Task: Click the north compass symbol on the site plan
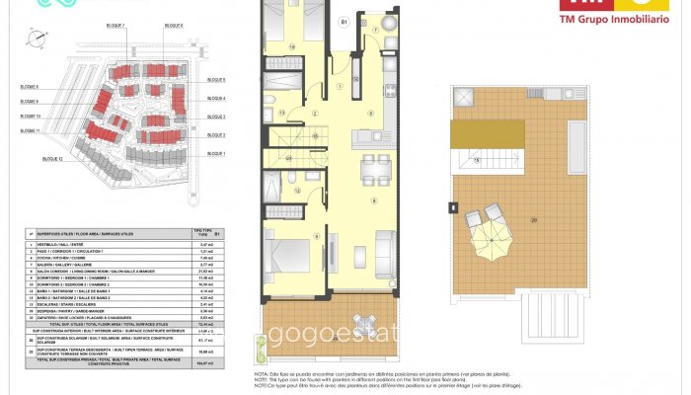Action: point(38,39)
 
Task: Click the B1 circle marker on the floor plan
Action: point(344,20)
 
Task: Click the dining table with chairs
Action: point(374,170)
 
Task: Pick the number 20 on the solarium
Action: point(562,219)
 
